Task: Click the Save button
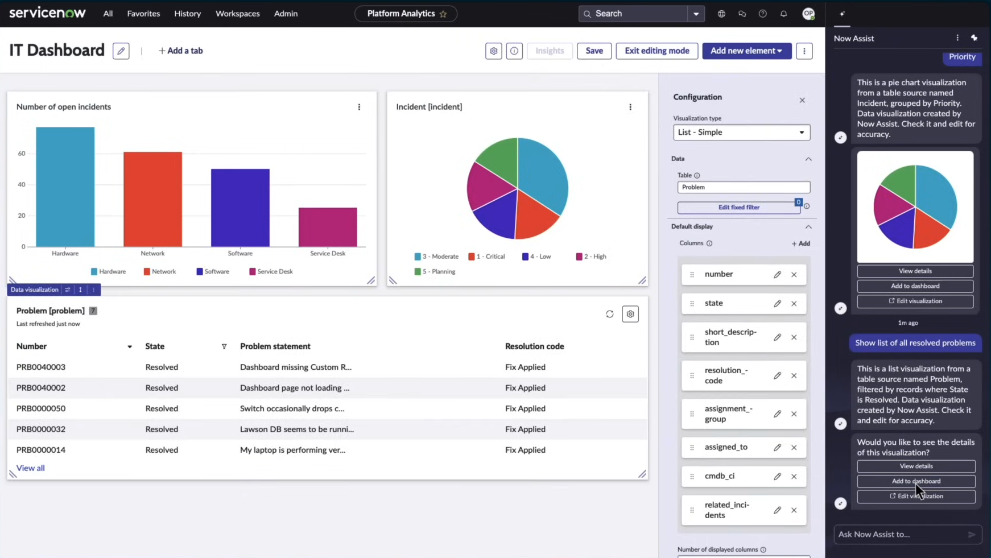(594, 51)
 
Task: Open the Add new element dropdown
(746, 51)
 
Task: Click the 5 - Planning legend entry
(435, 271)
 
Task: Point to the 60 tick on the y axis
(22, 154)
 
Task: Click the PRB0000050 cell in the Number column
(41, 408)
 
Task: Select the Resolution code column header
(534, 346)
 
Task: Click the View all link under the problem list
(30, 468)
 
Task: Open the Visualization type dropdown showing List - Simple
(741, 132)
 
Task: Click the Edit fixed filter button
(738, 207)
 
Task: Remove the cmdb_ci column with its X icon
(794, 476)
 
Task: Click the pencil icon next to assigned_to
(777, 447)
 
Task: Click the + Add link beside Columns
(800, 243)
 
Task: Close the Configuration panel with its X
(802, 100)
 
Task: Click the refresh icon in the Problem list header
(609, 314)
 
